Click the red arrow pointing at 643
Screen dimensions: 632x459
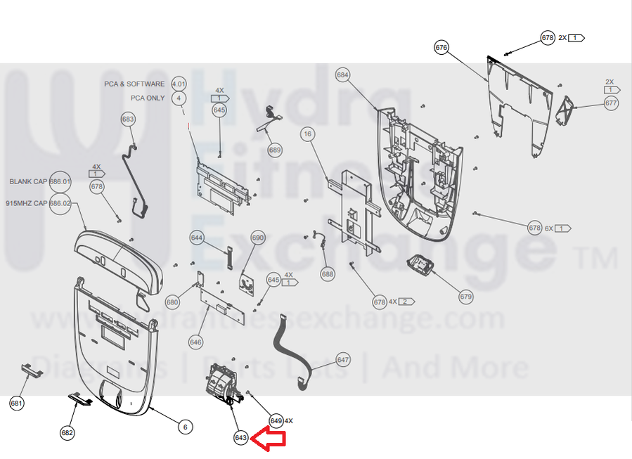(x=270, y=439)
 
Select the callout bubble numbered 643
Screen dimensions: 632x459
(x=241, y=438)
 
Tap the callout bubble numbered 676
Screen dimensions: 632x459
(x=441, y=48)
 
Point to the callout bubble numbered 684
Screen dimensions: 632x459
(x=343, y=75)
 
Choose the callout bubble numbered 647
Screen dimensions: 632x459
(x=343, y=360)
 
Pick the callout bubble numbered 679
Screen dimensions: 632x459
(x=466, y=297)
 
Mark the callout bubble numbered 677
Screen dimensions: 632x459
(x=611, y=103)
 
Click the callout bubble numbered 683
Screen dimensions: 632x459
(x=128, y=119)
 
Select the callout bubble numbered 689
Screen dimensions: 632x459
(x=275, y=150)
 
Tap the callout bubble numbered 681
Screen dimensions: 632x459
(x=17, y=403)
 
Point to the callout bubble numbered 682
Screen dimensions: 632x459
(x=67, y=433)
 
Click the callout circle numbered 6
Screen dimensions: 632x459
(x=184, y=427)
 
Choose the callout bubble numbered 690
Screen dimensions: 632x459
(x=258, y=238)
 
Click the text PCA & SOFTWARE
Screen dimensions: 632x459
(x=135, y=84)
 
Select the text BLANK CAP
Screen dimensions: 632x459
(x=28, y=181)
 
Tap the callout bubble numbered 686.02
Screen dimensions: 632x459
(x=60, y=203)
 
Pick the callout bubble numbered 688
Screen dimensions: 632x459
(x=328, y=274)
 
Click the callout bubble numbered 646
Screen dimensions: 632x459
(x=195, y=342)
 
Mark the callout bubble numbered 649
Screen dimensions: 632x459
(x=276, y=420)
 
